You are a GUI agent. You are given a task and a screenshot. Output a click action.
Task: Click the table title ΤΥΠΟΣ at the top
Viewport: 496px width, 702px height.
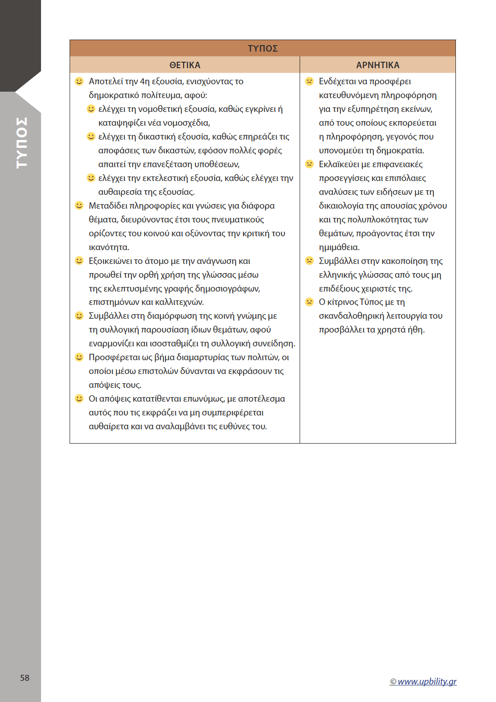point(262,48)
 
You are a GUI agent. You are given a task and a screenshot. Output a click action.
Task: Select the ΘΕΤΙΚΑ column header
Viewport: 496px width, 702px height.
point(185,65)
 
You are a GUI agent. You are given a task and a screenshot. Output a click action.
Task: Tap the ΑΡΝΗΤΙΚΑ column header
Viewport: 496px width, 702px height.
point(378,65)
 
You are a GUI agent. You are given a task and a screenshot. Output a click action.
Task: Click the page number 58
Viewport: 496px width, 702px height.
point(25,678)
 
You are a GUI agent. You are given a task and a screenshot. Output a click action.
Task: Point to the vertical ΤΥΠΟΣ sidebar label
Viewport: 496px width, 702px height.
point(22,142)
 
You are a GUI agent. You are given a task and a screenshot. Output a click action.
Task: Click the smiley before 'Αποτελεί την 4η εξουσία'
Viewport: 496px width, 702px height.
point(79,82)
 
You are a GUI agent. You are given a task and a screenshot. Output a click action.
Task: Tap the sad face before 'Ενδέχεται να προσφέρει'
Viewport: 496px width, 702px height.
point(309,82)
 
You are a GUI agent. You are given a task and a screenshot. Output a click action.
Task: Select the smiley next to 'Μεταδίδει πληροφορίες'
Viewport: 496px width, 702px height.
point(79,205)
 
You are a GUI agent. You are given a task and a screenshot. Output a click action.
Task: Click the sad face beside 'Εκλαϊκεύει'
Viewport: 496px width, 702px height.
point(309,164)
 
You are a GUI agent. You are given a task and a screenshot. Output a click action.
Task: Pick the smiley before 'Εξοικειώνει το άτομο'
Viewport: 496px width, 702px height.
point(79,261)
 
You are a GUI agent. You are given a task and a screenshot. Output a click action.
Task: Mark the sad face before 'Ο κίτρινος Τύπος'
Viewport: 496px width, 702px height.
point(309,302)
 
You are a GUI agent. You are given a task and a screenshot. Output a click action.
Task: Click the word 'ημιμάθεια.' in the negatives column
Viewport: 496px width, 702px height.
point(339,247)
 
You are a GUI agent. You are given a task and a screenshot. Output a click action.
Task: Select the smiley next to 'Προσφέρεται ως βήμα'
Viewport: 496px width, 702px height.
point(79,357)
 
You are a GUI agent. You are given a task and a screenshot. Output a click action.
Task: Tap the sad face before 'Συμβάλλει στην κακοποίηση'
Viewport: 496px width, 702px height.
point(309,261)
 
